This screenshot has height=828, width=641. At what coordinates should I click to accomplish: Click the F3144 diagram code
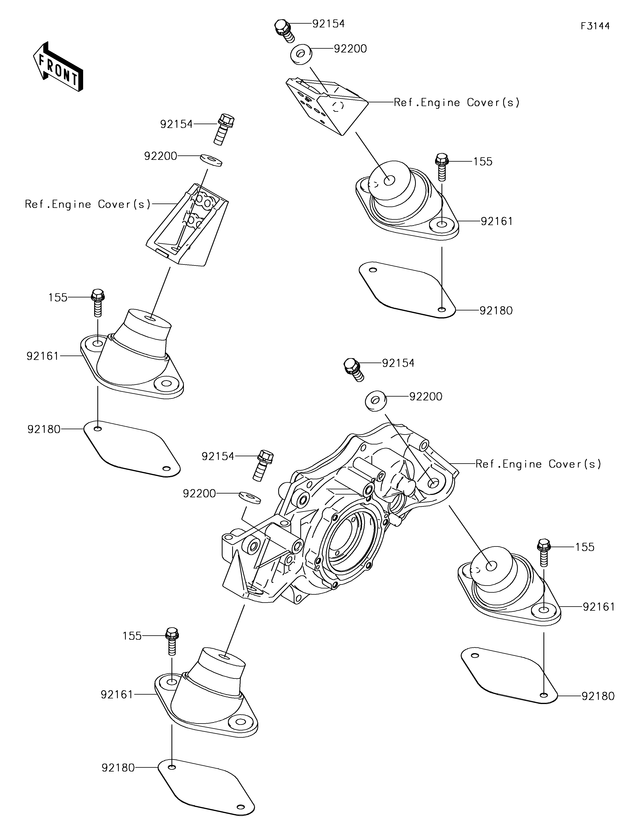[x=595, y=26]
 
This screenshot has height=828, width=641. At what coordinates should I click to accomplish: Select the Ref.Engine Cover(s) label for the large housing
[x=538, y=464]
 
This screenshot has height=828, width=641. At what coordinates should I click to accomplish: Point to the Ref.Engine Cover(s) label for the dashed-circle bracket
[x=457, y=102]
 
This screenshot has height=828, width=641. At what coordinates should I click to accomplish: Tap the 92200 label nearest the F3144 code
[x=350, y=49]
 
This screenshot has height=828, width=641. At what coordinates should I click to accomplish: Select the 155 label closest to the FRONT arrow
[x=58, y=298]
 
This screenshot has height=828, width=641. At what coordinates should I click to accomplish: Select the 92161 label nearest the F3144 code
[x=497, y=221]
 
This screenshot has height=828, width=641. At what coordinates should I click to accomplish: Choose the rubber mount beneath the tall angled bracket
[x=133, y=355]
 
